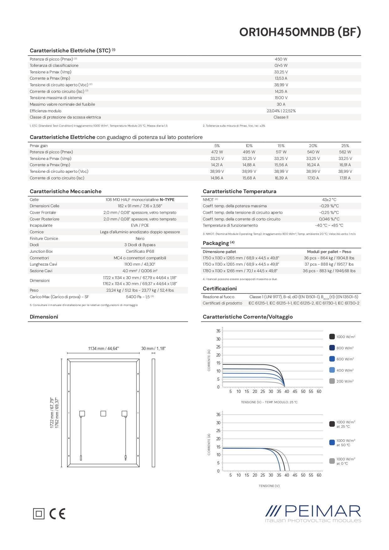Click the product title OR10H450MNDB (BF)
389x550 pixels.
300,32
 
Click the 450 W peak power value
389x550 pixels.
281,59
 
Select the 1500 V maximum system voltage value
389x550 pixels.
281,98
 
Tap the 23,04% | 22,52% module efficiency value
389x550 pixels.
281,111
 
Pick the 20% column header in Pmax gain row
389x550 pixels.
313,146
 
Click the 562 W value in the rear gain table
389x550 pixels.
345,152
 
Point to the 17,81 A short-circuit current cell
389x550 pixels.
345,178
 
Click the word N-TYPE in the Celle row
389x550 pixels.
167,200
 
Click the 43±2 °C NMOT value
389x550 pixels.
329,200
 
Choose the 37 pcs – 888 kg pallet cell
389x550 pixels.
329,264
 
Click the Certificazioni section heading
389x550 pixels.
220,288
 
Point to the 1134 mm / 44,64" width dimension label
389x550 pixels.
103,348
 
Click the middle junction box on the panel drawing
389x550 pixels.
103,414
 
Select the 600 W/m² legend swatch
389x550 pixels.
332,359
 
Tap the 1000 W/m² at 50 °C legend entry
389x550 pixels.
343,443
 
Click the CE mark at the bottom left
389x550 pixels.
58,514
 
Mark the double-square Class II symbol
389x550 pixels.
39,514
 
